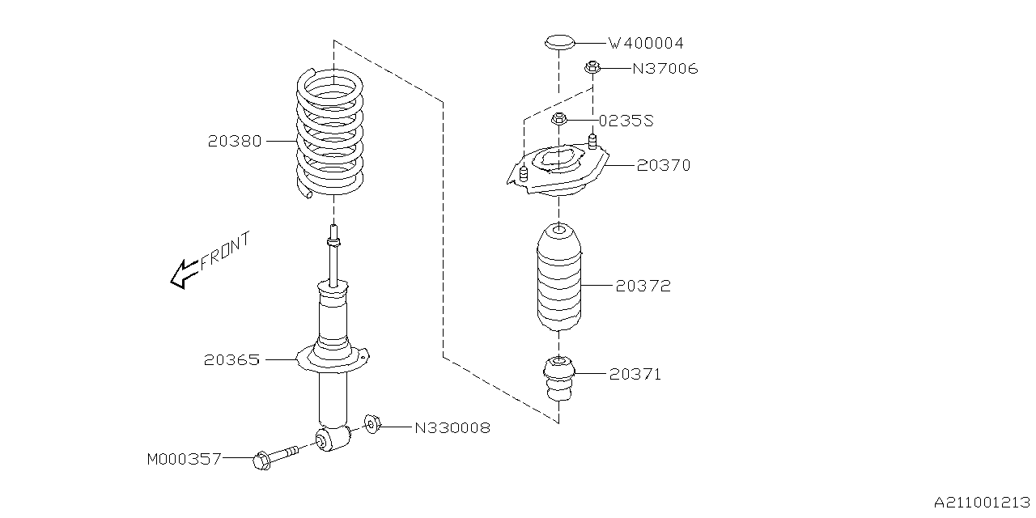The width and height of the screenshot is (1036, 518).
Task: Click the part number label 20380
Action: click(x=234, y=141)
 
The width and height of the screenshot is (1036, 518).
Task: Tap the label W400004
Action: click(x=651, y=43)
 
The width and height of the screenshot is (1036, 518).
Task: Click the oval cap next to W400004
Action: click(x=558, y=40)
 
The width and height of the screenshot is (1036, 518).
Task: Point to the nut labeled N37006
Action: click(x=592, y=68)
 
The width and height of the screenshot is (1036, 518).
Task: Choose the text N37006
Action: click(x=664, y=69)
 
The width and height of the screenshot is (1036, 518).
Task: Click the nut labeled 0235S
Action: click(x=558, y=121)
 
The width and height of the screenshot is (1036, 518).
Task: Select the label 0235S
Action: click(x=626, y=121)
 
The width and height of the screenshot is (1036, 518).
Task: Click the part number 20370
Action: click(x=663, y=165)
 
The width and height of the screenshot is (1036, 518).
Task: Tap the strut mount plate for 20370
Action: click(x=558, y=172)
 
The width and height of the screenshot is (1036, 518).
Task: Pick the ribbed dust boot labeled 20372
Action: click(x=558, y=279)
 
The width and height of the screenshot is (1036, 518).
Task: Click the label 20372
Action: click(x=643, y=286)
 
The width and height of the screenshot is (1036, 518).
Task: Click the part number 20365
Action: click(x=232, y=359)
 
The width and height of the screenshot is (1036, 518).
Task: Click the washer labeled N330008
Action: click(x=372, y=424)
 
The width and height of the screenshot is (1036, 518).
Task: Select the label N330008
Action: click(x=452, y=427)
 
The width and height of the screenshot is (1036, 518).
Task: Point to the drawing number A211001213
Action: click(x=981, y=503)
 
